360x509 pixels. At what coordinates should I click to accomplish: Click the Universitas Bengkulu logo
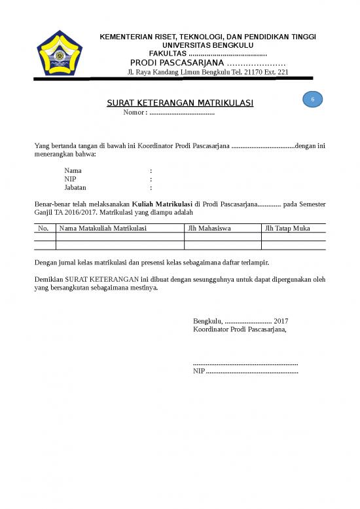point(60,53)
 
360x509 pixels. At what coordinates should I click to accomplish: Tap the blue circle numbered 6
point(313,99)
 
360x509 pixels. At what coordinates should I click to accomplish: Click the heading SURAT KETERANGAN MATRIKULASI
point(180,104)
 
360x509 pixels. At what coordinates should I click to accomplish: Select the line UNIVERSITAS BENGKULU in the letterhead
point(207,45)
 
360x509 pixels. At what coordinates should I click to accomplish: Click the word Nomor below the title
point(134,112)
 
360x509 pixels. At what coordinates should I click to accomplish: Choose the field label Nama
point(73,170)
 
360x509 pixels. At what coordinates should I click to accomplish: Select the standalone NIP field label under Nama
point(70,179)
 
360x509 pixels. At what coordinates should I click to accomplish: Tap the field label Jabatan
point(75,187)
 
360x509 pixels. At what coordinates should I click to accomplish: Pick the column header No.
point(44,229)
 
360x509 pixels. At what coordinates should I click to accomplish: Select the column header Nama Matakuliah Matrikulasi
point(103,229)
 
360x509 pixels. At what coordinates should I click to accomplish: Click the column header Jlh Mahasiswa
point(209,229)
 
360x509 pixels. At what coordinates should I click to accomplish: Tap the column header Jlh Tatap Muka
point(287,229)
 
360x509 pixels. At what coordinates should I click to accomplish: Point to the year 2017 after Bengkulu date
point(281,321)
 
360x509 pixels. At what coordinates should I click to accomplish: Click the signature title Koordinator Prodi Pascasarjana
point(240,330)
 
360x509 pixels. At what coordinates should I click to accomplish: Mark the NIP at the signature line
point(199,371)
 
